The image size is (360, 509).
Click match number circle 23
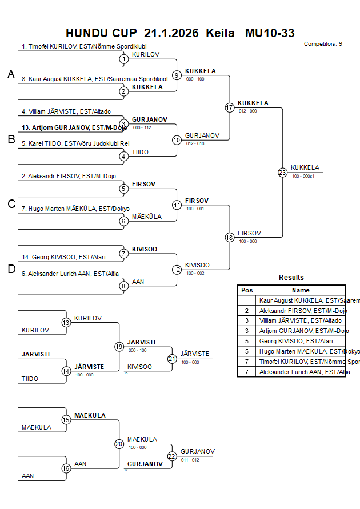tap(282, 172)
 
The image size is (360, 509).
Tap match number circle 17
tap(230, 107)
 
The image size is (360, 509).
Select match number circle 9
tap(177, 75)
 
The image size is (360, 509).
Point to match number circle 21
tap(172, 359)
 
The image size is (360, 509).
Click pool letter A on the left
tap(11, 74)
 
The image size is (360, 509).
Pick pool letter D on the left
tap(11, 269)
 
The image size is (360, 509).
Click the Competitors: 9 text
tap(323, 43)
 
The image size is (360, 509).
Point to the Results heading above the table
tap(291, 278)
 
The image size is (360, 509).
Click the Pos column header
tap(247, 290)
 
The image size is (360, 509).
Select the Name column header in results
tap(301, 290)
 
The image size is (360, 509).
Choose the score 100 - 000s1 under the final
tap(303, 176)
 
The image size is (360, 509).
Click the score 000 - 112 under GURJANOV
tap(142, 127)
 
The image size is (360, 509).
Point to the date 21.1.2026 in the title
tap(171, 33)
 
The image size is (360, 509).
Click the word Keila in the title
tap(220, 33)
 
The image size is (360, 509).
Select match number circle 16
tap(66, 468)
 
